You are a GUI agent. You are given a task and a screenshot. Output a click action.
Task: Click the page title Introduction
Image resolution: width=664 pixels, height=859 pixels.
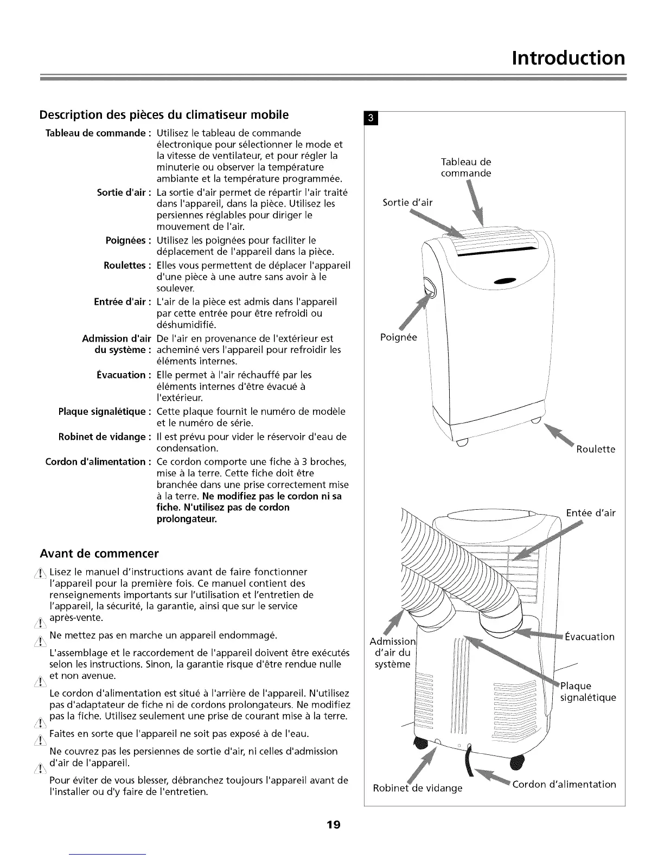click(x=568, y=57)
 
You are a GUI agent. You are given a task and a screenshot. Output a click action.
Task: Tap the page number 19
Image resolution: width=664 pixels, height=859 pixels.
click(x=333, y=825)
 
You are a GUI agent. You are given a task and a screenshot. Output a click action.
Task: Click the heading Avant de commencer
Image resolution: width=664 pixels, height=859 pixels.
click(x=99, y=554)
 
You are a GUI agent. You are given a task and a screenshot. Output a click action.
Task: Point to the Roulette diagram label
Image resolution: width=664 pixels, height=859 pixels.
click(x=596, y=449)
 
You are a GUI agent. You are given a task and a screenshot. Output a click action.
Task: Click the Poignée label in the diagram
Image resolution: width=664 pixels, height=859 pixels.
click(x=398, y=337)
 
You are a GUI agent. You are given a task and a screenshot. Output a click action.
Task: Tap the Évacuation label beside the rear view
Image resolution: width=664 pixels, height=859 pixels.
click(x=589, y=637)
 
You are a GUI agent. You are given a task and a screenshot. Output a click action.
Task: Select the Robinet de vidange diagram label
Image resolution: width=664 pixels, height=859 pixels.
click(x=417, y=787)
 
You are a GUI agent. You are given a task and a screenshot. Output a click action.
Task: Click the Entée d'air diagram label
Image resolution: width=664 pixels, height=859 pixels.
click(x=591, y=513)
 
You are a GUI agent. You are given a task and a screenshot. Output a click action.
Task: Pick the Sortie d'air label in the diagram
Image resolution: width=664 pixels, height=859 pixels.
click(x=407, y=203)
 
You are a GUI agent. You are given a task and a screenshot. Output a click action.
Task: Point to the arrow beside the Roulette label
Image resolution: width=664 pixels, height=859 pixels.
click(x=558, y=434)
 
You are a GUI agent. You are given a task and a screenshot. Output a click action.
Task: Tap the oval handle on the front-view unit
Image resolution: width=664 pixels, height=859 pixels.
click(x=429, y=286)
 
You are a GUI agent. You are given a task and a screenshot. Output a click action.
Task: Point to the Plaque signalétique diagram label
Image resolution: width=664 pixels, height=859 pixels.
click(x=588, y=691)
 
